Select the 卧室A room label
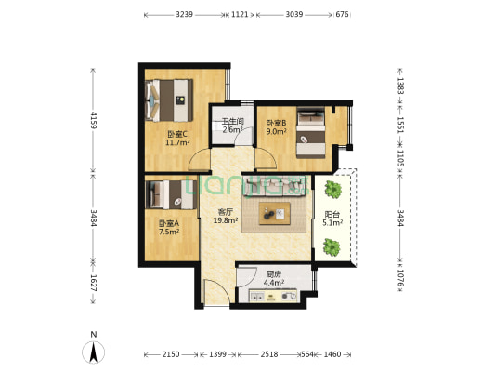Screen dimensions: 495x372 pos(169,223)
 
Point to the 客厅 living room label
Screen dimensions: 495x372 pos(225,212)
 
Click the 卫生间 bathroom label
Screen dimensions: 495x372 pos(233,122)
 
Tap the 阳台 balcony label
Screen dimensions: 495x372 pos(332,215)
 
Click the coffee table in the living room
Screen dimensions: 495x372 pos(274,214)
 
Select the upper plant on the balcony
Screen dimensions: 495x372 pos(333,189)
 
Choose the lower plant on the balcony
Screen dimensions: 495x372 pos(332,247)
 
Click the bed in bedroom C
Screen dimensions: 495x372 pos(169,100)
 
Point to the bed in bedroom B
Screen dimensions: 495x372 pos(311,133)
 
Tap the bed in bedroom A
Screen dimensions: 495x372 pos(172,194)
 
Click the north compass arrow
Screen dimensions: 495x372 pos(93,352)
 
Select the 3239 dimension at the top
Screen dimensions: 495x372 pos(185,15)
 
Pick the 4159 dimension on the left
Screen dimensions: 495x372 pos(94,120)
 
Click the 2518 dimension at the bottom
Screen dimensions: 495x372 pos(269,354)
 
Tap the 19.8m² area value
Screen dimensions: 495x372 pos(226,220)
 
